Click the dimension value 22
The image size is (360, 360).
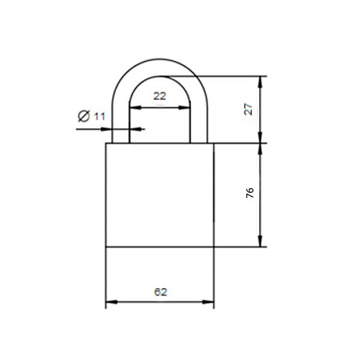pos(160,96)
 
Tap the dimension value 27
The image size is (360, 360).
pos(248,109)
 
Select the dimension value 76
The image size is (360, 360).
pos(250,193)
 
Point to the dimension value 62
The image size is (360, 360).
pos(161,292)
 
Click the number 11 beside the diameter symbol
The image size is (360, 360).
pos(99,117)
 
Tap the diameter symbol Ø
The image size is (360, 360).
pos(84,116)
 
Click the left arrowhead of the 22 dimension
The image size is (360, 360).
pos(135,107)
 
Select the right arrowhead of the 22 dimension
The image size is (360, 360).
pos(184,107)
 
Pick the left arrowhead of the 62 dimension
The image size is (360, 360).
pos(112,302)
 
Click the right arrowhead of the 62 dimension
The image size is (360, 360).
pos(208,302)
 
